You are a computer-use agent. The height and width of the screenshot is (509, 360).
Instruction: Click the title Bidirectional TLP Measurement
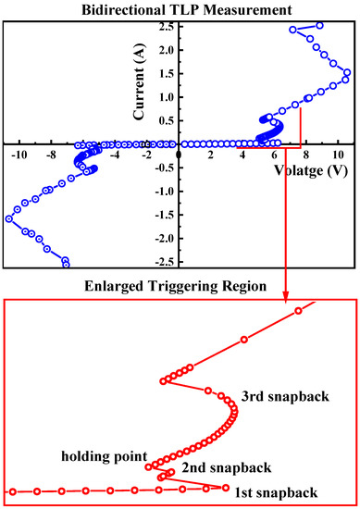[180, 8]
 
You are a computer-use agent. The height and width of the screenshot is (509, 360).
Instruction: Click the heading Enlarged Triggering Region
[180, 287]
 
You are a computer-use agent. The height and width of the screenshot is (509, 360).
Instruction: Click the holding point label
[104, 455]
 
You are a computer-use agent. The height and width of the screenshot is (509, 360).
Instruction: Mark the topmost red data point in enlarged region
[298, 310]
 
